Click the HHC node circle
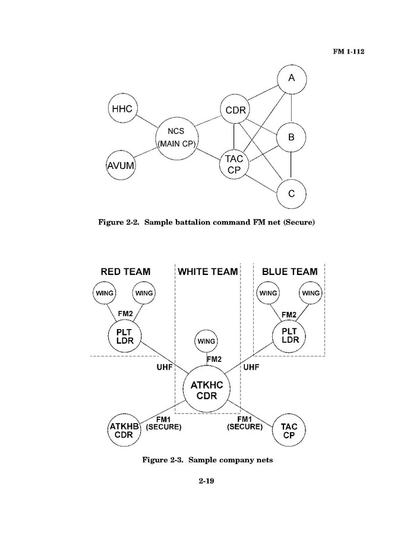click(x=122, y=108)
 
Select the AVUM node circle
click(x=121, y=165)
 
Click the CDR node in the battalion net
click(x=236, y=109)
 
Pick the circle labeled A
click(x=291, y=79)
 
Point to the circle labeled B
click(x=291, y=137)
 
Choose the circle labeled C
click(x=291, y=193)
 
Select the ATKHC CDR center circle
click(x=207, y=390)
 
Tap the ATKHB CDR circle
click(x=124, y=430)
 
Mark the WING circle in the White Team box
click(x=206, y=342)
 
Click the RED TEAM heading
click(x=125, y=271)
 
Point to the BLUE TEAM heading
click(x=289, y=271)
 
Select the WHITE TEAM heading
click(x=207, y=271)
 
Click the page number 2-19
click(x=206, y=481)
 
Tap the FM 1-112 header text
click(x=348, y=51)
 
